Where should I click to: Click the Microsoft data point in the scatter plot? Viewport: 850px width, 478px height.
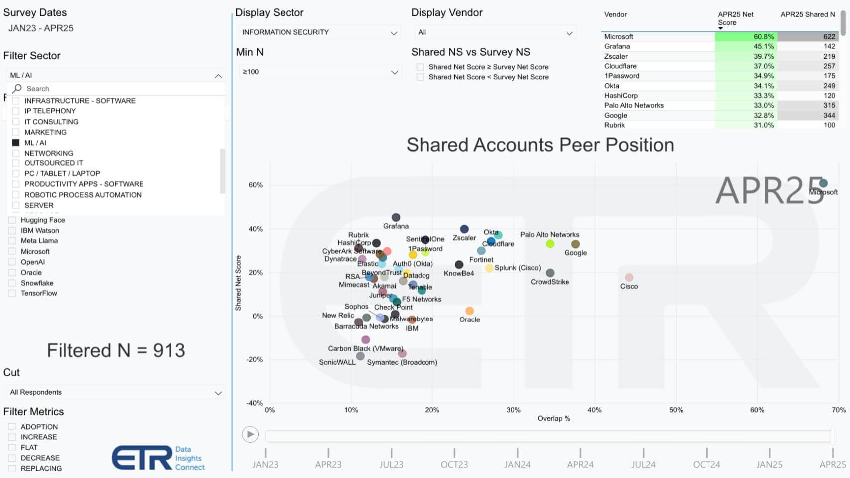[x=823, y=183]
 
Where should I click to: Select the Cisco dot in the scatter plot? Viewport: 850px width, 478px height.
[x=629, y=277]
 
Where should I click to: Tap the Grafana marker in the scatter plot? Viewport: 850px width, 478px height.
[x=396, y=217]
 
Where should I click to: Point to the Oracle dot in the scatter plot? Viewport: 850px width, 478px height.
[x=469, y=311]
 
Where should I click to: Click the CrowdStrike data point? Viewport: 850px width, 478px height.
[x=550, y=273]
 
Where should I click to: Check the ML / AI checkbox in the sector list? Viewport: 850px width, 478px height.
[x=16, y=143]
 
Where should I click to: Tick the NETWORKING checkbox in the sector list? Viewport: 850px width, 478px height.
[x=16, y=153]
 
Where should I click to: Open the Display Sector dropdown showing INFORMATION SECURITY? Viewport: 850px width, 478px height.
[x=319, y=32]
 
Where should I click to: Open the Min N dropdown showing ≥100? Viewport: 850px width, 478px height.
[x=319, y=72]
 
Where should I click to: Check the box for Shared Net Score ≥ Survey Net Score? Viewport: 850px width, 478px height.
[x=420, y=67]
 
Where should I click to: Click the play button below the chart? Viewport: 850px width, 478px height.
[x=250, y=434]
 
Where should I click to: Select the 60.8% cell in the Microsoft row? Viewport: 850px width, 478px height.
[x=746, y=37]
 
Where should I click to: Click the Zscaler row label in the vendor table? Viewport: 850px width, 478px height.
[x=616, y=56]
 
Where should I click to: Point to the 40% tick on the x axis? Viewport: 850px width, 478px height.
[x=594, y=410]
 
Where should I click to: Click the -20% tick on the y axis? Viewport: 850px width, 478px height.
[x=255, y=359]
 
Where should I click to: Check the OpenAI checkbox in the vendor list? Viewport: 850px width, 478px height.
[x=12, y=262]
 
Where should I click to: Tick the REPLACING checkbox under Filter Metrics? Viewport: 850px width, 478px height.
[x=12, y=468]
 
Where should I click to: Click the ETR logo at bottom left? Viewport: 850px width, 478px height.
[x=142, y=458]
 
